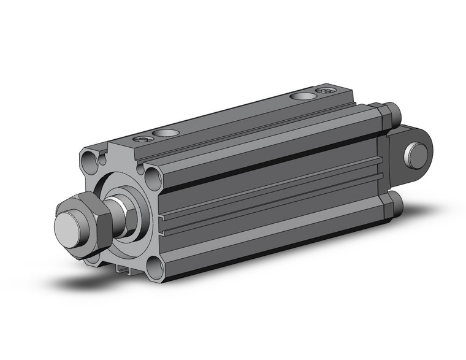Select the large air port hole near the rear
click(x=300, y=96)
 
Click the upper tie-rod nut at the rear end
click(x=389, y=115)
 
